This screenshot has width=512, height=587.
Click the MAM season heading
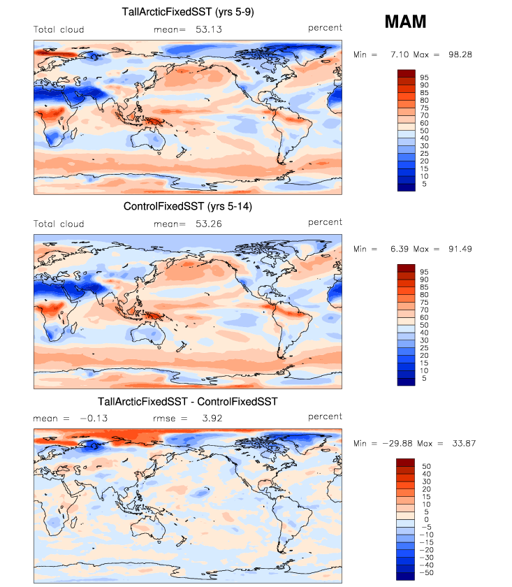tap(405, 22)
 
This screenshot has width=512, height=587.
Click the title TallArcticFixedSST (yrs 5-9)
tap(188, 11)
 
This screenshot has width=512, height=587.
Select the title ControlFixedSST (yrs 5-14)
tap(188, 206)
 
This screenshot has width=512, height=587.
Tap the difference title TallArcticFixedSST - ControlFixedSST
tap(188, 402)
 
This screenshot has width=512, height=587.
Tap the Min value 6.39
tap(394, 249)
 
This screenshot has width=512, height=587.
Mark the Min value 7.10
tap(394, 55)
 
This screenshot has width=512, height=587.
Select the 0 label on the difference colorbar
tap(425, 519)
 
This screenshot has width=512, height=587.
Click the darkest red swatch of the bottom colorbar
tap(406, 463)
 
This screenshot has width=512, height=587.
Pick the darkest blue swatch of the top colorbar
tap(406, 186)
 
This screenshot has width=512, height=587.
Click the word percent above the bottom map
tap(325, 416)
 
